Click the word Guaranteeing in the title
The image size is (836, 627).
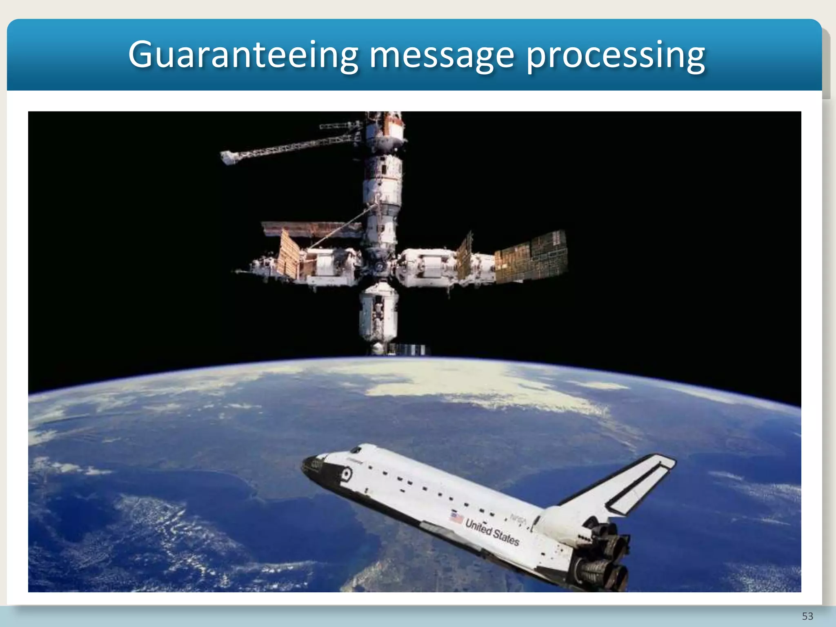point(243,55)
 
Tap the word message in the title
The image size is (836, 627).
point(441,55)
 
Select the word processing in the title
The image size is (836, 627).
point(615,55)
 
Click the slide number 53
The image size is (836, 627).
point(807,616)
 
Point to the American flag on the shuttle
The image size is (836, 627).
point(457,518)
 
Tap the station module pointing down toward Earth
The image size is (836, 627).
point(378,314)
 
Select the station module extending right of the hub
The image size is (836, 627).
point(427,268)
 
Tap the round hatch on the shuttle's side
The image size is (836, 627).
point(347,474)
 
